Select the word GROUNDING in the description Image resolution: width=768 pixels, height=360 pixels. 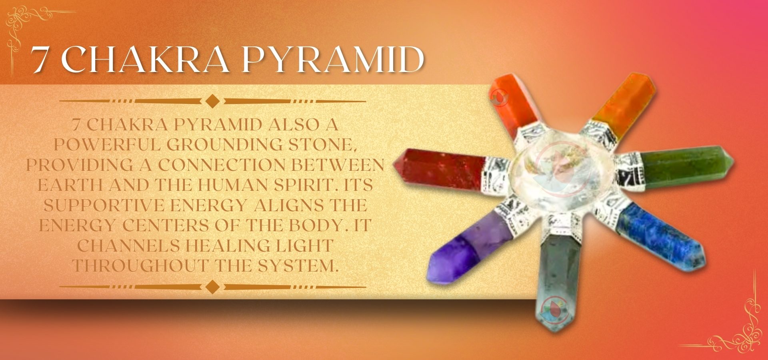point(224,145)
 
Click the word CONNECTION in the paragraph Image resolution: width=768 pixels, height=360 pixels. point(222,165)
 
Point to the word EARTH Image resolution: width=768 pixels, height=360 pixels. point(69,185)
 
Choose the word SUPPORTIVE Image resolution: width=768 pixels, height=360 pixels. point(104,205)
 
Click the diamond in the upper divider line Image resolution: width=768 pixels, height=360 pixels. point(212,101)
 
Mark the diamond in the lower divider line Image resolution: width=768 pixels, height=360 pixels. point(212,287)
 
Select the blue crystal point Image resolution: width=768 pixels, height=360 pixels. point(660,236)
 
